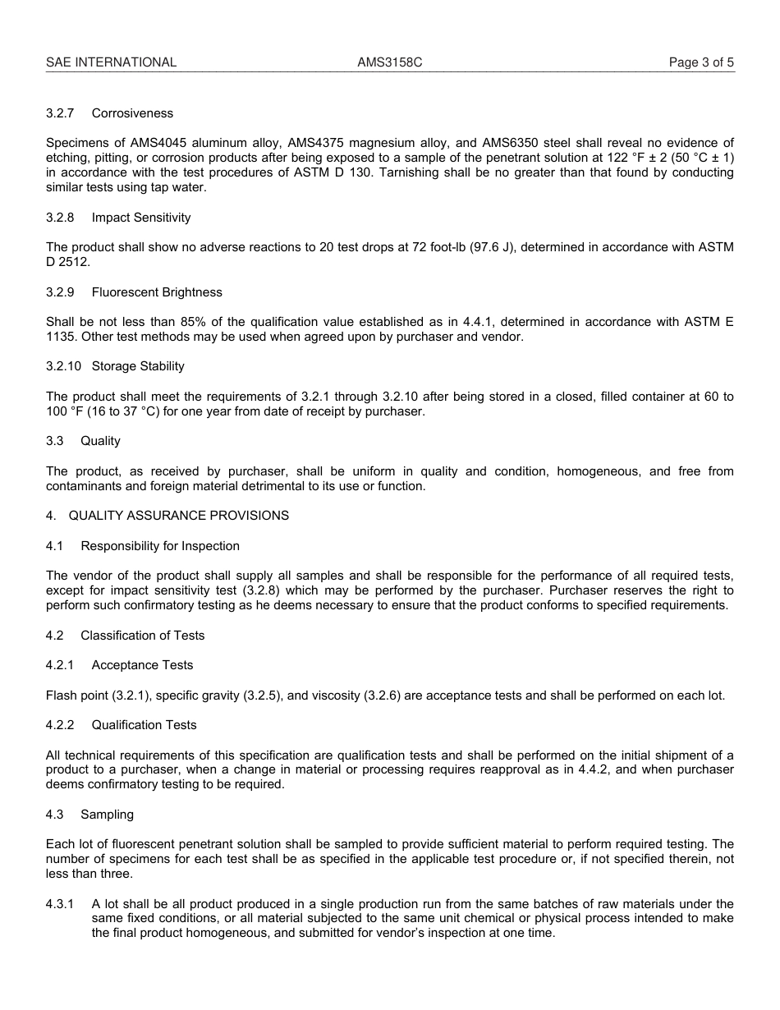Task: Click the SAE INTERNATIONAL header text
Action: (x=111, y=62)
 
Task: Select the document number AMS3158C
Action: (x=390, y=62)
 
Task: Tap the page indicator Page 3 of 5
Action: (x=701, y=62)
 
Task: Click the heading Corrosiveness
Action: (x=132, y=113)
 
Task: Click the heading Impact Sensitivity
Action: (x=140, y=218)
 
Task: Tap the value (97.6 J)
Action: (x=485, y=247)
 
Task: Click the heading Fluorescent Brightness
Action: (x=157, y=292)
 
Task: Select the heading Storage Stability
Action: (x=138, y=366)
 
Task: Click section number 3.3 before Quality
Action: (x=55, y=441)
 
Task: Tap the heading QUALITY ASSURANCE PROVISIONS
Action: (x=178, y=516)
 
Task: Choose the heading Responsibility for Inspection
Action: (x=160, y=546)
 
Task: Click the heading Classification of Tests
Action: (x=143, y=636)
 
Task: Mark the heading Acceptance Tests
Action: (x=142, y=665)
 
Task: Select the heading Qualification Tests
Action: (x=144, y=725)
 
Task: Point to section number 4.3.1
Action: (x=60, y=904)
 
